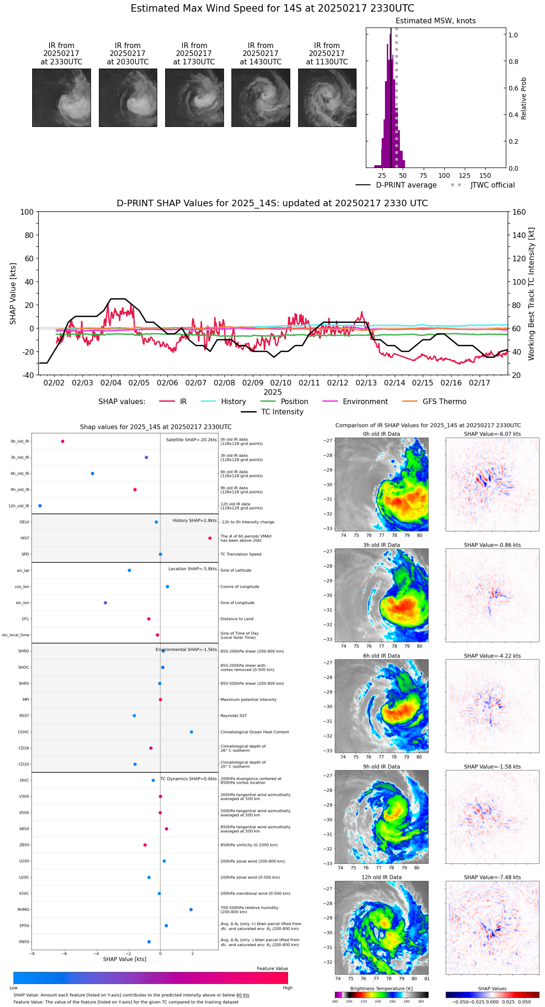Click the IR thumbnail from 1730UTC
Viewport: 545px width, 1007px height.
click(x=194, y=98)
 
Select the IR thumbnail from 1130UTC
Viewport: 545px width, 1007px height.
click(x=327, y=98)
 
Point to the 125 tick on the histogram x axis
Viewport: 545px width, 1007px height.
click(x=464, y=175)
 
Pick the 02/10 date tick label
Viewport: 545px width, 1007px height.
click(x=281, y=383)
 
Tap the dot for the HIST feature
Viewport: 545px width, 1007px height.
click(x=210, y=538)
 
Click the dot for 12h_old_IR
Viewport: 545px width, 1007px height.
click(x=40, y=506)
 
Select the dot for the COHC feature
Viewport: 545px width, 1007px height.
click(x=192, y=732)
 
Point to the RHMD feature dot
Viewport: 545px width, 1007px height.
click(x=191, y=909)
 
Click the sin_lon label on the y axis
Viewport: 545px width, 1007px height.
click(x=22, y=603)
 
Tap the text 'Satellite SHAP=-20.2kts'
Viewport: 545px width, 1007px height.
click(x=191, y=440)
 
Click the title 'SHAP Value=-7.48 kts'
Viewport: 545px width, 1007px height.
click(x=492, y=877)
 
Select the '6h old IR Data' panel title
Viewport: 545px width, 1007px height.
click(x=381, y=656)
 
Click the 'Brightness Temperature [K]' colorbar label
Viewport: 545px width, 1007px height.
click(x=381, y=988)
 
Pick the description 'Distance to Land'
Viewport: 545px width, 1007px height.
click(x=237, y=619)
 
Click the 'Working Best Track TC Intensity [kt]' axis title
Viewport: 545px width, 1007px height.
click(x=531, y=294)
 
